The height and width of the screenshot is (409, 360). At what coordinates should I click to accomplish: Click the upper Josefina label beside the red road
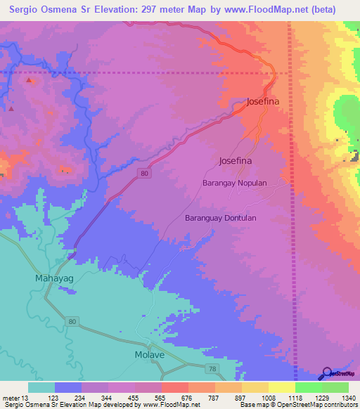(x=263, y=102)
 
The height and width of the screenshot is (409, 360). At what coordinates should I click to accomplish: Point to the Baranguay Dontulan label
(x=220, y=218)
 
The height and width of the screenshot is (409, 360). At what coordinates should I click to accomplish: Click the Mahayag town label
(x=53, y=278)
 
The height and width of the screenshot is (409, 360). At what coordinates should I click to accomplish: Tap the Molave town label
(x=149, y=355)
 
